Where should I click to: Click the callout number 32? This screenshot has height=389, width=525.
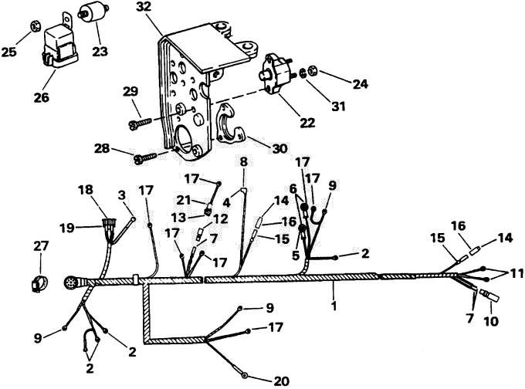click(x=144, y=8)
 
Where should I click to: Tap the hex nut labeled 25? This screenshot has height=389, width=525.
click(x=34, y=25)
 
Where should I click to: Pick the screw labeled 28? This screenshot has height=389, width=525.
click(x=146, y=157)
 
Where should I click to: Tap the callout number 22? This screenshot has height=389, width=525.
click(x=307, y=123)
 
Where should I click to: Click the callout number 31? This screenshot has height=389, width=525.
click(x=338, y=107)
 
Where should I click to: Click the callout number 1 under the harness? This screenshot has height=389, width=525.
click(x=334, y=306)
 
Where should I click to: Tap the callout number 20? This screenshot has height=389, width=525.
click(x=281, y=381)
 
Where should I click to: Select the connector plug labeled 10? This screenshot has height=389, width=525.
click(x=489, y=294)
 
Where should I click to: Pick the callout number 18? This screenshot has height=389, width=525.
click(x=85, y=189)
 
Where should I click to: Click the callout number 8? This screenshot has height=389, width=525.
click(x=243, y=162)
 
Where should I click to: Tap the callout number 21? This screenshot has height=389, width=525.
click(x=184, y=200)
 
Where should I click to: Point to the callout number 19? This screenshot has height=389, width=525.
click(x=66, y=228)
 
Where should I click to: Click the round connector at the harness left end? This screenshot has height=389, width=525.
click(x=71, y=283)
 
